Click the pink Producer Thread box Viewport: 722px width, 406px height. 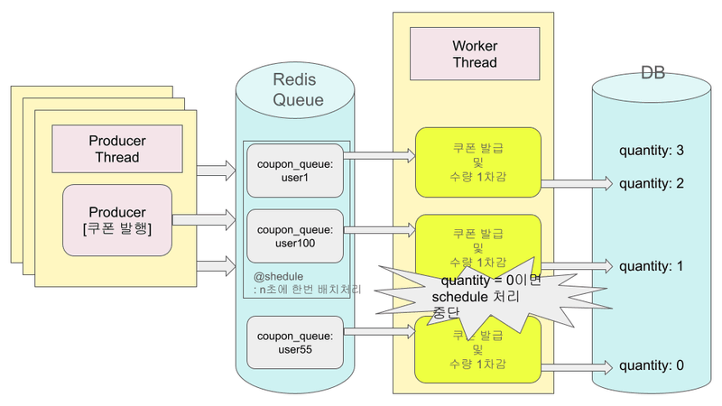click(117, 149)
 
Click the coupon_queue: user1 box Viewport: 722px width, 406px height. click(296, 171)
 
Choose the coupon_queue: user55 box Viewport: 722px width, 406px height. click(296, 343)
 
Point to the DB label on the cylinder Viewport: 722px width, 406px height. click(653, 73)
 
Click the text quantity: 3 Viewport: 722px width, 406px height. click(652, 150)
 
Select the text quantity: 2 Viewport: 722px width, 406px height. click(652, 184)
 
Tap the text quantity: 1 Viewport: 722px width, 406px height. click(652, 267)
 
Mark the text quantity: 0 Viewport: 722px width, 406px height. click(652, 365)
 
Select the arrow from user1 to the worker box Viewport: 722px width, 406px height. click(380, 155)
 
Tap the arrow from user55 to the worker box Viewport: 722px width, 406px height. click(380, 332)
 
